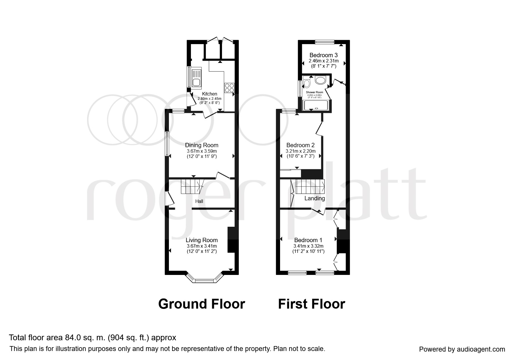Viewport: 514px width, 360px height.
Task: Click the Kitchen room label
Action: click(x=210, y=94)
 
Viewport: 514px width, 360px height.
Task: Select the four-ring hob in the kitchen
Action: click(x=229, y=88)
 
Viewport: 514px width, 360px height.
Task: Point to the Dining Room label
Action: click(x=202, y=145)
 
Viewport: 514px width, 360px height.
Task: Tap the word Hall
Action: click(x=199, y=201)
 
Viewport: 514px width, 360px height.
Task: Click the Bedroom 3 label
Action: click(x=324, y=55)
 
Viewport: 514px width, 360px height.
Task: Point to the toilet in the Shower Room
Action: click(x=306, y=82)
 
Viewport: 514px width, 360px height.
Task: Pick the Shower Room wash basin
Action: click(x=321, y=80)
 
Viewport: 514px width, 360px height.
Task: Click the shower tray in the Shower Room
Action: click(x=317, y=105)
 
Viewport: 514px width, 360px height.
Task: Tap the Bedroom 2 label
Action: click(x=300, y=145)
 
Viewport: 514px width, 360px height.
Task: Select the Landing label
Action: click(x=315, y=198)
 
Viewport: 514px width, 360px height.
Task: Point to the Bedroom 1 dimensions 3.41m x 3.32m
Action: click(x=308, y=246)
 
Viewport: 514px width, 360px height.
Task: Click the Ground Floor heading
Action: click(x=202, y=304)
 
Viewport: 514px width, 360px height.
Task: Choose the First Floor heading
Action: click(x=312, y=304)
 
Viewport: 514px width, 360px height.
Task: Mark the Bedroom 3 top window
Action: click(x=325, y=42)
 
